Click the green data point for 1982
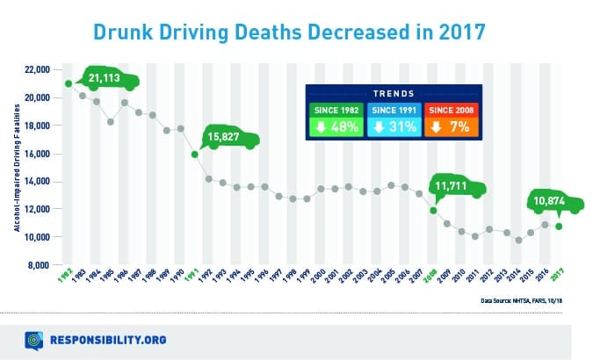point(69,83)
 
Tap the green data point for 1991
point(195,155)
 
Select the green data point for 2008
point(433,210)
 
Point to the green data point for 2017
point(559,227)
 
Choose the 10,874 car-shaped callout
point(556,202)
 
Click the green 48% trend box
point(336,121)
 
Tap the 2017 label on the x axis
point(557,282)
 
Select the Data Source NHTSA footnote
point(526,300)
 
